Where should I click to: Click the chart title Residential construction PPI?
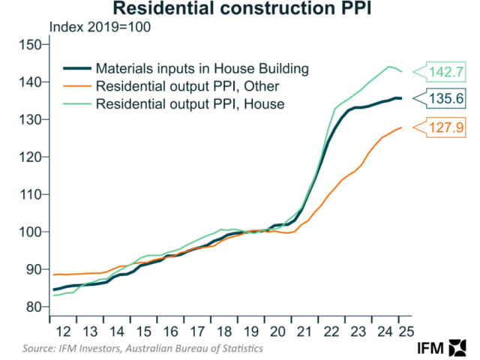click(240, 10)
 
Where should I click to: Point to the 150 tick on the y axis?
click(31, 44)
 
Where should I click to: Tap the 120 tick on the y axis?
click(31, 157)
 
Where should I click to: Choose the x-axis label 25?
click(406, 332)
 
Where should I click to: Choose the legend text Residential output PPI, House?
click(190, 104)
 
